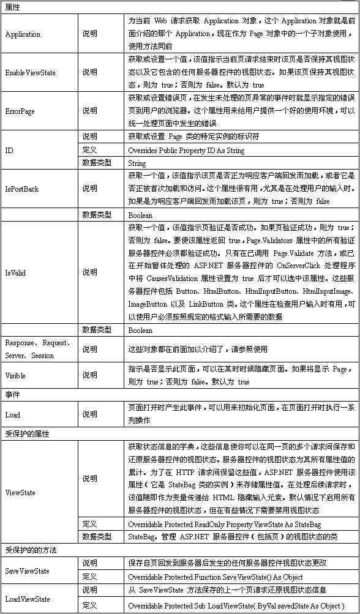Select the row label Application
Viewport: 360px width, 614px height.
[x=23, y=34]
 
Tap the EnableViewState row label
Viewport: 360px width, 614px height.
[x=30, y=73]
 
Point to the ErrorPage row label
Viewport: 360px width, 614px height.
[x=20, y=111]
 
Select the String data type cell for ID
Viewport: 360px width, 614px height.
[x=137, y=163]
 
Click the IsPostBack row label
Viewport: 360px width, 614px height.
[x=21, y=189]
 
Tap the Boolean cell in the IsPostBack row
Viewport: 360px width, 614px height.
[x=141, y=215]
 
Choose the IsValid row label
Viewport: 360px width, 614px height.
[x=15, y=272]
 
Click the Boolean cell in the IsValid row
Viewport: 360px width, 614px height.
[x=141, y=331]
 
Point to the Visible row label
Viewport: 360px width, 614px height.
[x=15, y=375]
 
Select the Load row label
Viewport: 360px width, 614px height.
[x=12, y=414]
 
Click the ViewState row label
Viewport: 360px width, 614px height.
[x=20, y=492]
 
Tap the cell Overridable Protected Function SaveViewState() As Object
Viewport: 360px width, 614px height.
[x=215, y=577]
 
